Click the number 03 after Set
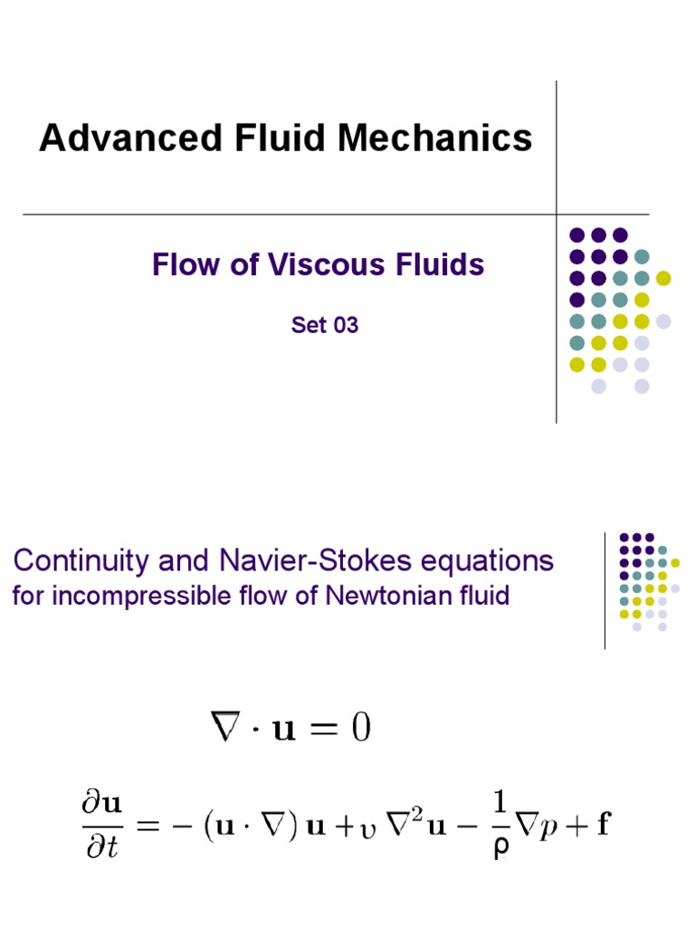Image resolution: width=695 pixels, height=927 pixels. point(346,325)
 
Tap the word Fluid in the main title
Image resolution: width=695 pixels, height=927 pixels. point(281,139)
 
